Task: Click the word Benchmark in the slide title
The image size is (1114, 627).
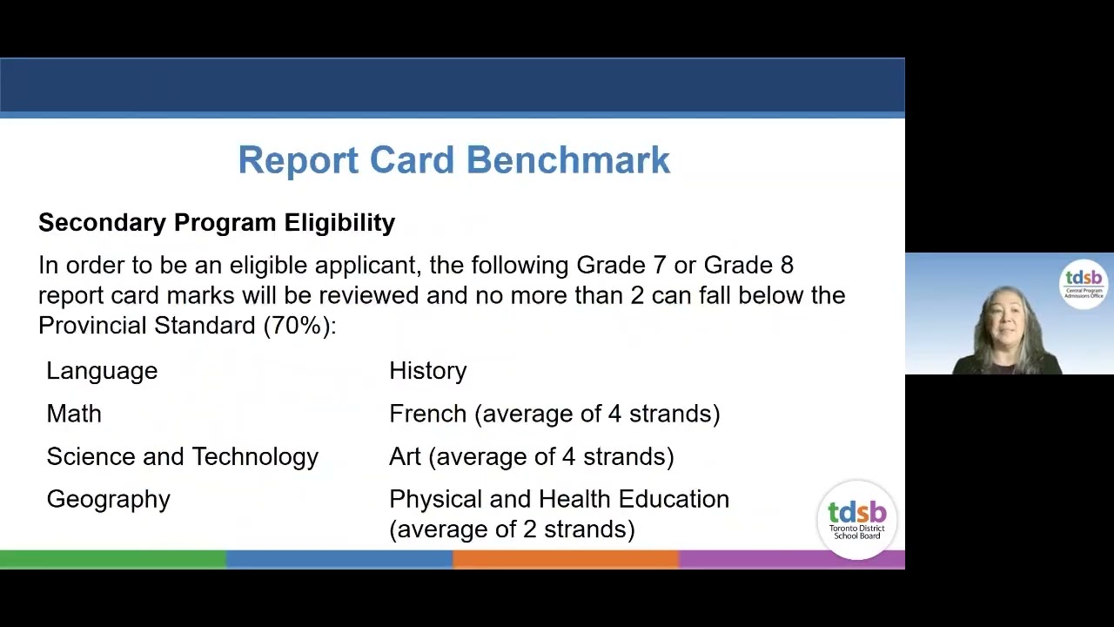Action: [568, 159]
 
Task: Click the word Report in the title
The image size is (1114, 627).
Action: [299, 161]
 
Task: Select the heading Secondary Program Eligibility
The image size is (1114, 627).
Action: [217, 223]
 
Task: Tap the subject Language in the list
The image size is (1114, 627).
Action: [102, 372]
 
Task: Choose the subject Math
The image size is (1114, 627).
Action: [74, 414]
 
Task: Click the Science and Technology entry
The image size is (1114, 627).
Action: [183, 457]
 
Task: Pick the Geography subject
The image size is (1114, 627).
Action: [109, 500]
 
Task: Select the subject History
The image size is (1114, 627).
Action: [428, 371]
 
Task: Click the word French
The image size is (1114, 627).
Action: [427, 414]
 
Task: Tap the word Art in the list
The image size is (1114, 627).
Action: [405, 457]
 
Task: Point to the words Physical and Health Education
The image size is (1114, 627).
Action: [560, 499]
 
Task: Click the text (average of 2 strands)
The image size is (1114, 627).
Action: [513, 529]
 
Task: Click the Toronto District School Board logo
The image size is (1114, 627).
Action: [857, 520]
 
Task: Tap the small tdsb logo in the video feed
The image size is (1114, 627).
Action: [1084, 284]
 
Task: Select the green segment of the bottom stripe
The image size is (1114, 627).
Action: [113, 559]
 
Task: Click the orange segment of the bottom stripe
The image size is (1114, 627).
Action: [566, 559]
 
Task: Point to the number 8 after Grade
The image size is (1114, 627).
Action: [787, 266]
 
